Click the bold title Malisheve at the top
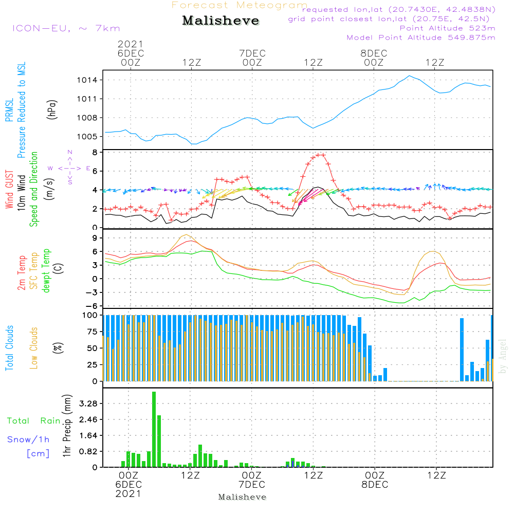[221, 21]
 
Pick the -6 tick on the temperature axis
[93, 306]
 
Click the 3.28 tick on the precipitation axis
[88, 403]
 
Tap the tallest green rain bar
[154, 429]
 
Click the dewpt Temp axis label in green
[47, 271]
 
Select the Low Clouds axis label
[34, 347]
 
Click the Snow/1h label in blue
[28, 439]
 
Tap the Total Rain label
[33, 421]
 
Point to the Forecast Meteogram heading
[240, 5]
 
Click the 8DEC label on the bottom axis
[374, 485]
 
